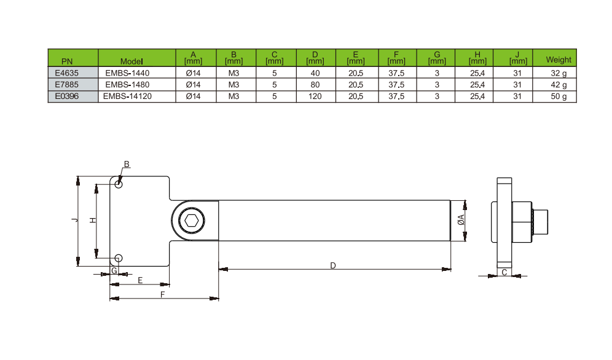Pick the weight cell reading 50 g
559,96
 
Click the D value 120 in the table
315,96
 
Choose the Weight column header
559,60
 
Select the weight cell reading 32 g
559,72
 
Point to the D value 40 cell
315,72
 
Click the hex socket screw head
190,221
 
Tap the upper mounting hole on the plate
119,184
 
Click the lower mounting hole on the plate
119,257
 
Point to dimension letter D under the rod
332,265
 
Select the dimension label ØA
460,221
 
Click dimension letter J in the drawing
74,220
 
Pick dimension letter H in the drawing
92,220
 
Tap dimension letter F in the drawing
163,294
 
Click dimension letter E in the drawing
141,280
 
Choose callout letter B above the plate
127,164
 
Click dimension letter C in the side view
504,272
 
